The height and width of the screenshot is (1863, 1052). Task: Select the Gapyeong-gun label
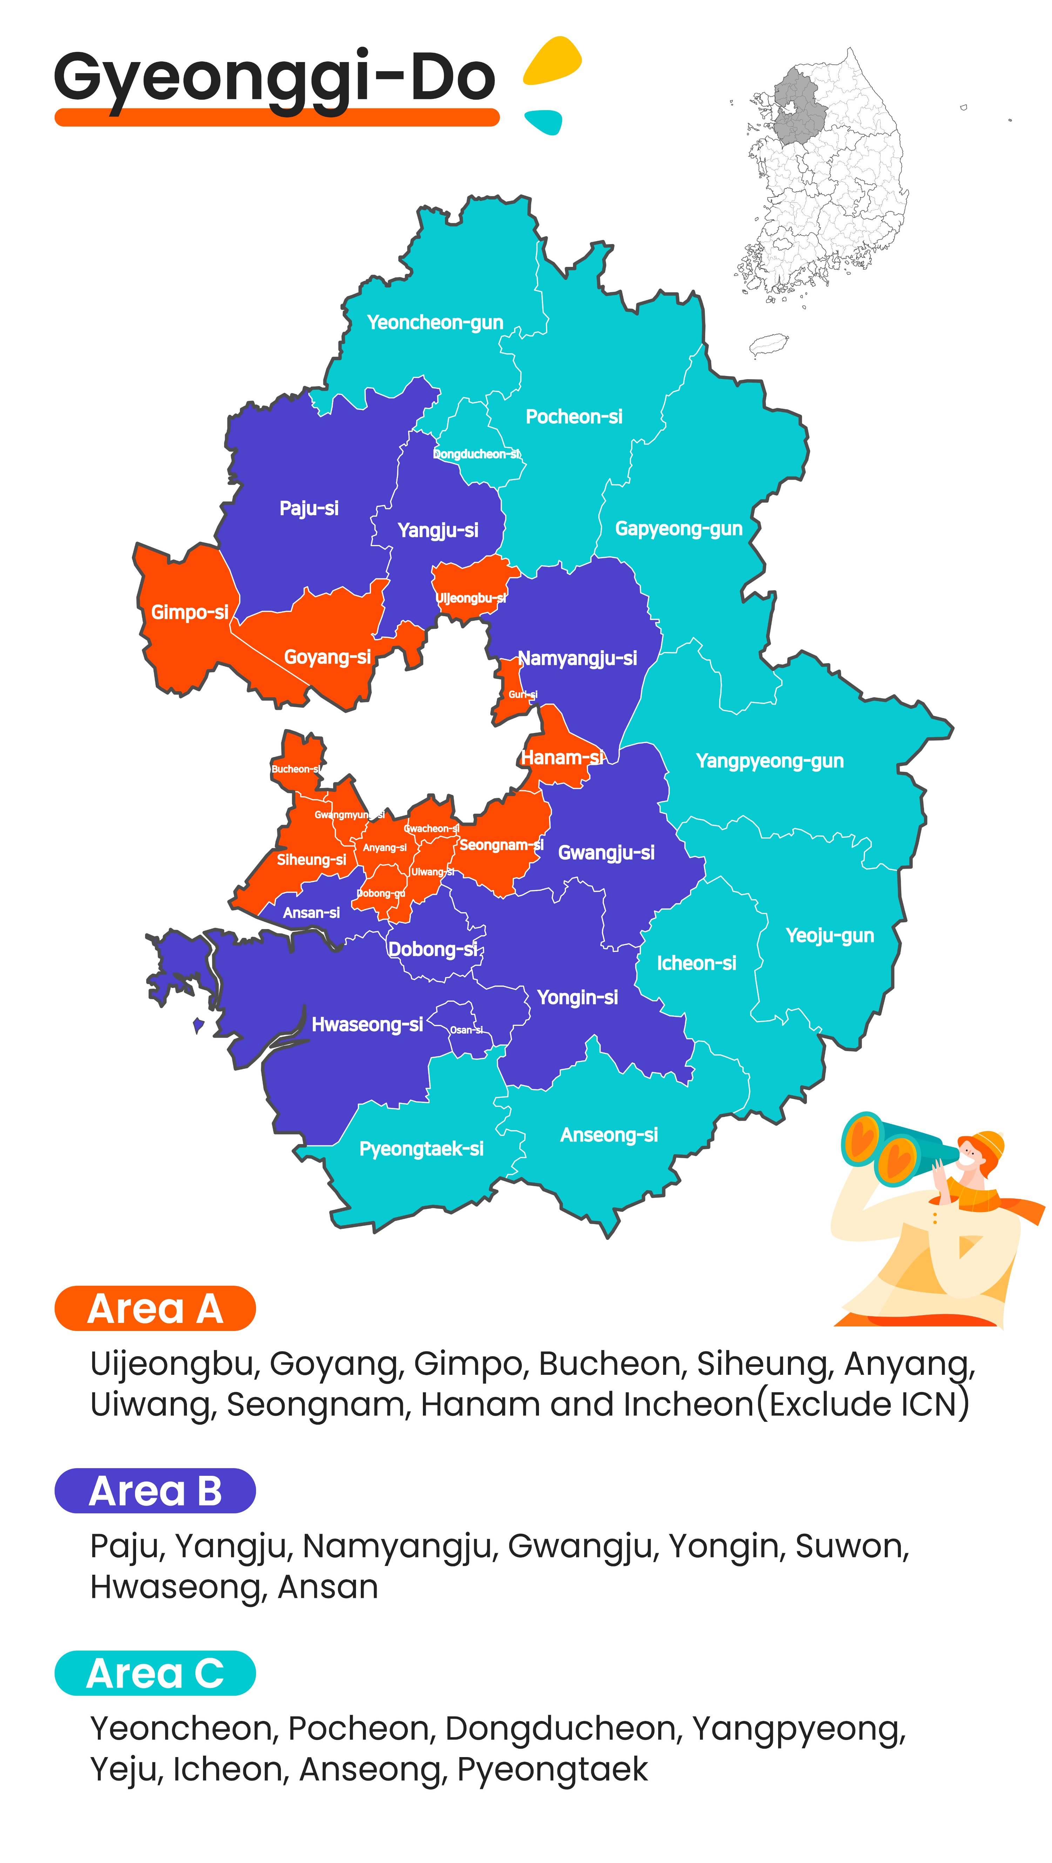[x=678, y=529]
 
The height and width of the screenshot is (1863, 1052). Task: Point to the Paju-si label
[x=309, y=509]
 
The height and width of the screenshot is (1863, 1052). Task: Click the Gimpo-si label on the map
[x=189, y=613]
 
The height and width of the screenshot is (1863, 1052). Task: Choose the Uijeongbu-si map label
[x=471, y=598]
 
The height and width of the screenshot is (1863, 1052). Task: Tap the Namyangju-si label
[x=577, y=658]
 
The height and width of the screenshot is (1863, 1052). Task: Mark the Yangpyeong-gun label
[x=769, y=761]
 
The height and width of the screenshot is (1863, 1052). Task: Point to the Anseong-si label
[x=609, y=1135]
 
